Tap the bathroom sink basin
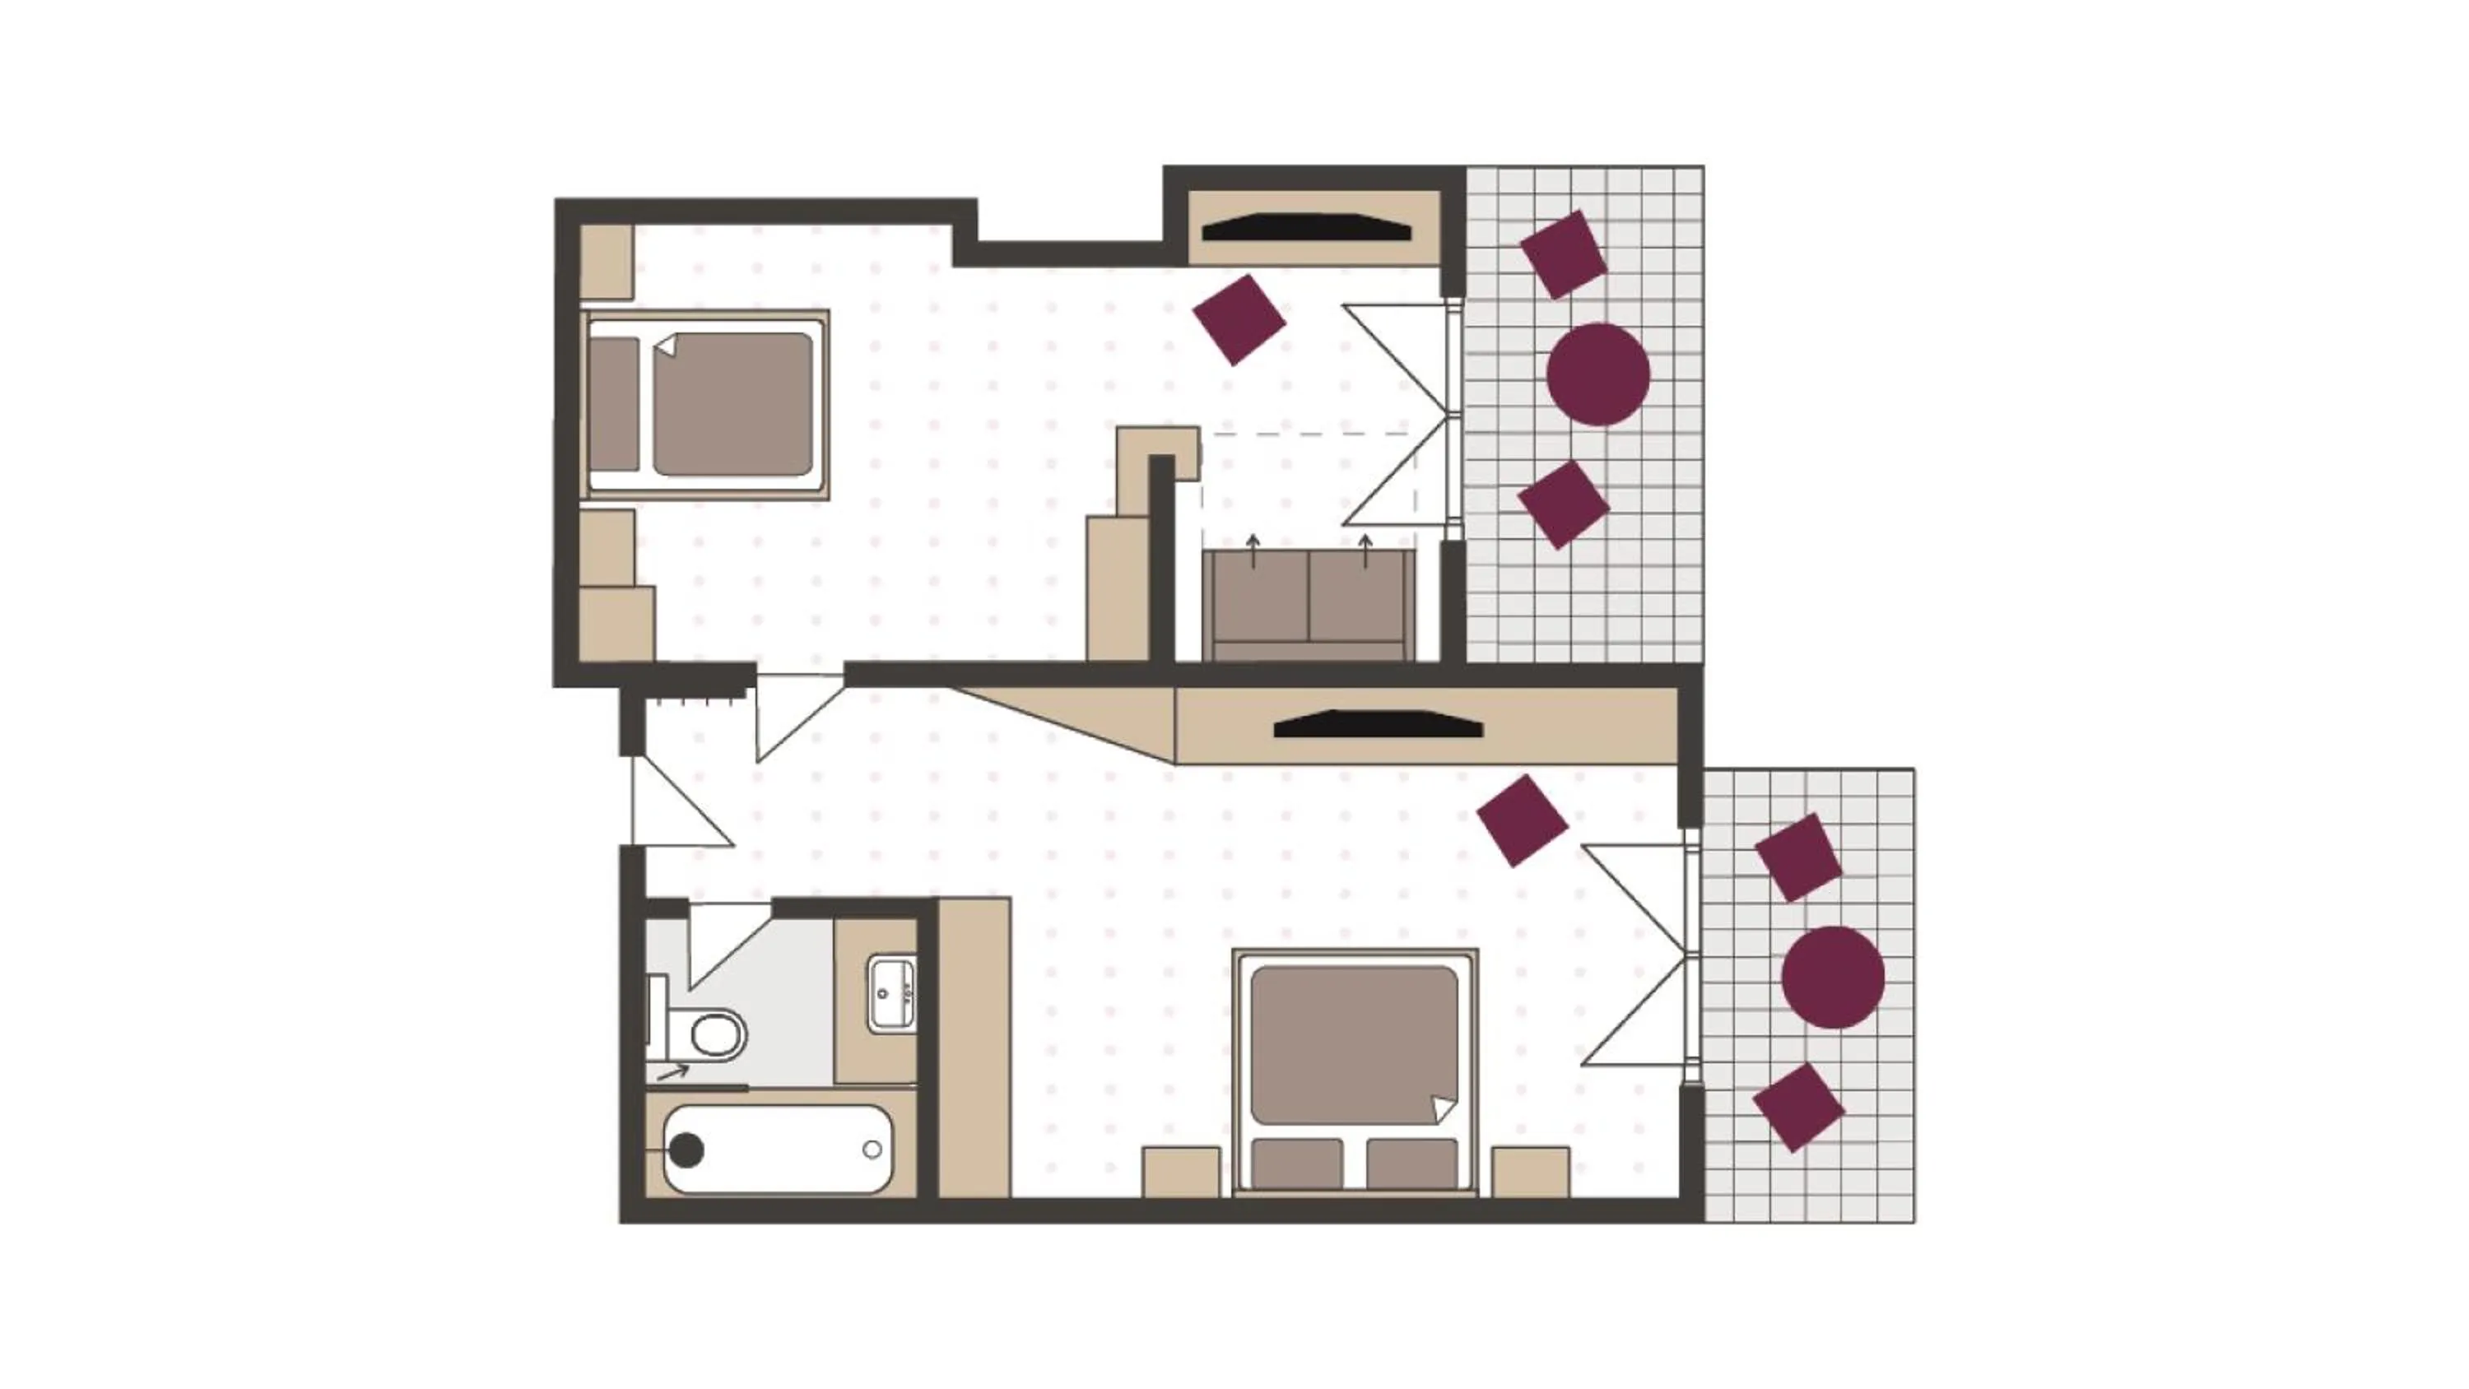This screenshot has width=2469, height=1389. pos(892,994)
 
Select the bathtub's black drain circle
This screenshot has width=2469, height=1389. pos(686,1150)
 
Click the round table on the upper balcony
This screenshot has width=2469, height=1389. pos(1597,374)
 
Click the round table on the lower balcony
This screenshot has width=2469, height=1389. pos(1833,977)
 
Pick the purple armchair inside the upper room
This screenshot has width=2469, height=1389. pos(1239,320)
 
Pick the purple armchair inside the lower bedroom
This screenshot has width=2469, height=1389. pos(1522,821)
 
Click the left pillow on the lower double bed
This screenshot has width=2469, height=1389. pos(1298,1164)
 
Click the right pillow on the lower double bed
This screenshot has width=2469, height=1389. pos(1411,1164)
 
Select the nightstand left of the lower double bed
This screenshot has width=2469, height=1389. pos(1181,1172)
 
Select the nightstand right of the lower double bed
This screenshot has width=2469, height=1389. pos(1530,1172)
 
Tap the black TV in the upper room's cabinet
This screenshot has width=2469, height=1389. pos(1306,228)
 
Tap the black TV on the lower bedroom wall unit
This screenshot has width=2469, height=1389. pos(1378,725)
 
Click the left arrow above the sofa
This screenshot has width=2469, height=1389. pos(1253,550)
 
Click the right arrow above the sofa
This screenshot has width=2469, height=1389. pos(1366,550)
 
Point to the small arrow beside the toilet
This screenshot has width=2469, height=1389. pos(673,1071)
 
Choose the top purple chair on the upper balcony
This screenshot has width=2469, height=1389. pos(1563,255)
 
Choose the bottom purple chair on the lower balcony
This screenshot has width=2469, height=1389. pos(1798,1108)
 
